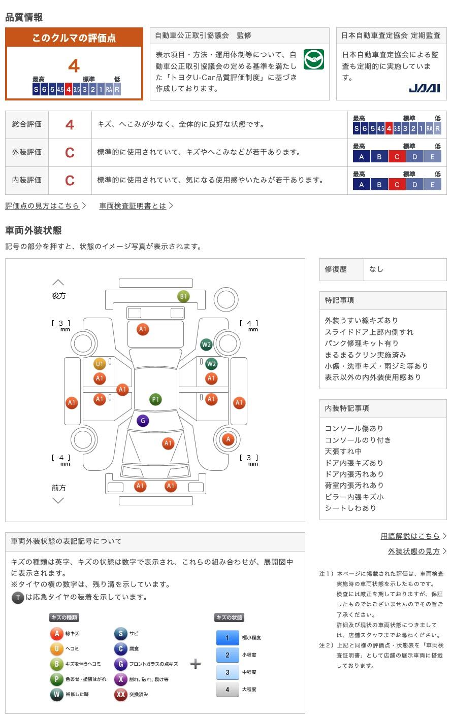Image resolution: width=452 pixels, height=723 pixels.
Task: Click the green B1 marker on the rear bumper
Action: tap(183, 296)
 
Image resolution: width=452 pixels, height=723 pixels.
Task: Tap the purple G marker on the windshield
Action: tap(143, 421)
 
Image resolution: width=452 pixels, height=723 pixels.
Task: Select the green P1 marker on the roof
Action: tap(156, 399)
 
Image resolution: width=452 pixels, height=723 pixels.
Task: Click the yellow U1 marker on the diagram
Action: tap(100, 364)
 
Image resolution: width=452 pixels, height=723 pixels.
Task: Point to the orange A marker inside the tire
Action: tap(228, 439)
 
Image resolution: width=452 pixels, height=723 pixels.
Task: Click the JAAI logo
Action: tap(424, 88)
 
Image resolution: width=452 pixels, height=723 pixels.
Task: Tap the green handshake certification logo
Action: tap(313, 59)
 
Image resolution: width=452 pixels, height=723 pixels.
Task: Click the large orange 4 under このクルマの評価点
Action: tap(74, 66)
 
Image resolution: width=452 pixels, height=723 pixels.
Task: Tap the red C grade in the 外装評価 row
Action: tap(70, 153)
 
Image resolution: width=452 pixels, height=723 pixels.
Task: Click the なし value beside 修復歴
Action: tap(376, 269)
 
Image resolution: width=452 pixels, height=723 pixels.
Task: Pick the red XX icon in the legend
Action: tap(121, 694)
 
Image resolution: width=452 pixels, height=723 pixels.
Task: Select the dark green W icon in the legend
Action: tap(56, 694)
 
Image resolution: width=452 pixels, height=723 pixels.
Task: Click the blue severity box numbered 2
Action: tap(228, 655)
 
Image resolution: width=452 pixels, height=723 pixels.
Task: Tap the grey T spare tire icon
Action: tap(18, 598)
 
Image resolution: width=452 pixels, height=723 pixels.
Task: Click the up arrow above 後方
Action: tap(58, 283)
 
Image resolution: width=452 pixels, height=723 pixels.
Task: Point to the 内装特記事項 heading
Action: tap(347, 408)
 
